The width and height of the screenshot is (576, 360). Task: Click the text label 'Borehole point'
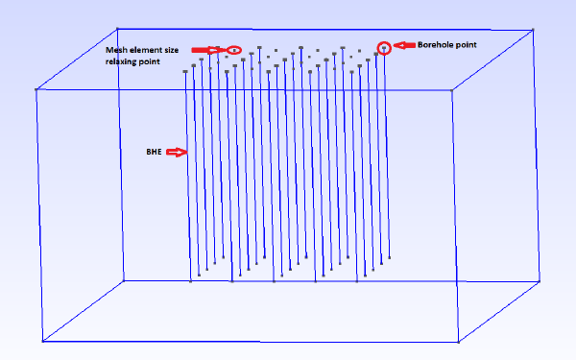[447, 45]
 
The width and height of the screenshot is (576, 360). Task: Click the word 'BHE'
[154, 152]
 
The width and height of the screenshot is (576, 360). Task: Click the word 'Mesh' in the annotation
[114, 50]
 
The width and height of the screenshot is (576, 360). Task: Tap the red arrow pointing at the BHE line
[177, 152]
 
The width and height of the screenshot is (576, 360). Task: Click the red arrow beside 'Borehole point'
[404, 45]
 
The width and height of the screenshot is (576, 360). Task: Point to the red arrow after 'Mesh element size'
[208, 50]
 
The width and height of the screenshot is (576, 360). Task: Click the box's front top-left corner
[36, 89]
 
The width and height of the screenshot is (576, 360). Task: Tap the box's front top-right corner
[452, 89]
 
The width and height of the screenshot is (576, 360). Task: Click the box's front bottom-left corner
[42, 341]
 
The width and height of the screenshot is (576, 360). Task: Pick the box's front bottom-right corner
[459, 342]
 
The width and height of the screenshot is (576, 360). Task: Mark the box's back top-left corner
[117, 28]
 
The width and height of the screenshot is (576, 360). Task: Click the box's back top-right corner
[533, 30]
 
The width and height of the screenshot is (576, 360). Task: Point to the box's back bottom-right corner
[540, 281]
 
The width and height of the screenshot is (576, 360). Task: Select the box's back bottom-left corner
[124, 280]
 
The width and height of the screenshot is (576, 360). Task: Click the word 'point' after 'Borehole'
[466, 45]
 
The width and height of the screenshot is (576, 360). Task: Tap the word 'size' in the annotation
[171, 50]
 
